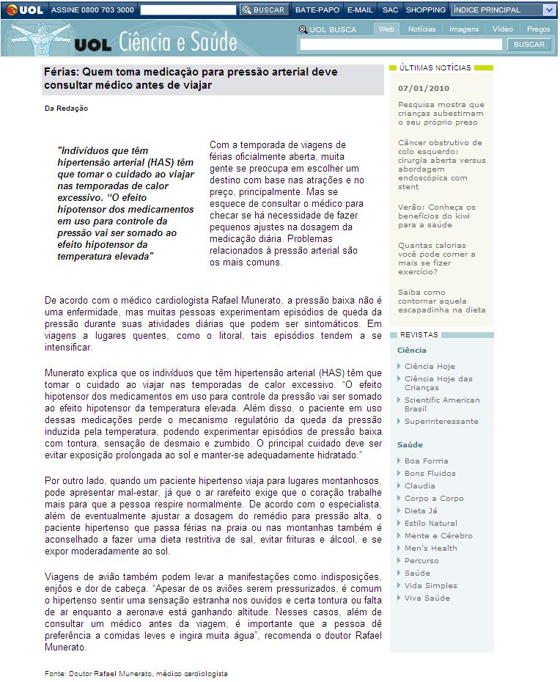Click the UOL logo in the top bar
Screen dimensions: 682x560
[24, 10]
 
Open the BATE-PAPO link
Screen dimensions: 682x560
[317, 10]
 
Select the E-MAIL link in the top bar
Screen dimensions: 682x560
[360, 10]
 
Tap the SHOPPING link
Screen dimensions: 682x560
[425, 10]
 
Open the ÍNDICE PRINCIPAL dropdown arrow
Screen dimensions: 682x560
[549, 10]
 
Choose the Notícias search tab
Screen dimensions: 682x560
[421, 29]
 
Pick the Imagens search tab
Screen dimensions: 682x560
[464, 29]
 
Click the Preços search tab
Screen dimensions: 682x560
[538, 29]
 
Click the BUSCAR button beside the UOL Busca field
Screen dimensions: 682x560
[529, 45]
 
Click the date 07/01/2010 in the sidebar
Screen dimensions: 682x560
[424, 88]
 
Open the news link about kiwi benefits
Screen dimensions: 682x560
[437, 216]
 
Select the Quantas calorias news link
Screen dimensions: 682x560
[437, 258]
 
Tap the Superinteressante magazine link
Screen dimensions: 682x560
[441, 421]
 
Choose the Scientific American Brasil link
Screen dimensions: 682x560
[442, 404]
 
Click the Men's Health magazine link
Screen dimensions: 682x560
[431, 548]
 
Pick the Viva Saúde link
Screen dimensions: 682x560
[427, 598]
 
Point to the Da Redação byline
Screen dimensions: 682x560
[67, 109]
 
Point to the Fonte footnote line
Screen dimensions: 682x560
[136, 673]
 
